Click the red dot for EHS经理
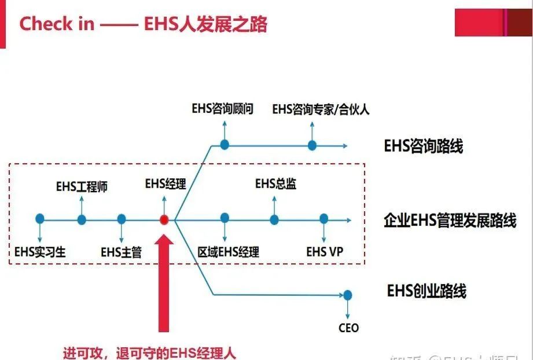pyautogui.click(x=164, y=219)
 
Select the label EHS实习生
pyautogui.click(x=40, y=252)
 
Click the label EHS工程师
pyautogui.click(x=82, y=187)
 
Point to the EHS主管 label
pyautogui.click(x=121, y=252)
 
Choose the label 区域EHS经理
pyautogui.click(x=228, y=252)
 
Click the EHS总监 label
pyautogui.click(x=275, y=184)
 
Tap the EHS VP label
pyautogui.click(x=325, y=252)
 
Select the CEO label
pyautogui.click(x=348, y=328)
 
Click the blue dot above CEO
pyautogui.click(x=347, y=295)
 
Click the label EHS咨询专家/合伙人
pyautogui.click(x=321, y=109)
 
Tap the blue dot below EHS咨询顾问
pyautogui.click(x=225, y=145)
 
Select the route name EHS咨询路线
pyautogui.click(x=424, y=146)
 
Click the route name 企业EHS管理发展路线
pyautogui.click(x=450, y=221)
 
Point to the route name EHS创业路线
pyautogui.click(x=427, y=291)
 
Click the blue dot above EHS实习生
pyautogui.click(x=39, y=219)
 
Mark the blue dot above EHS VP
pyautogui.click(x=324, y=219)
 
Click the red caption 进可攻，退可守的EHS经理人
pyautogui.click(x=149, y=352)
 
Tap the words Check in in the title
pyautogui.click(x=56, y=24)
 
